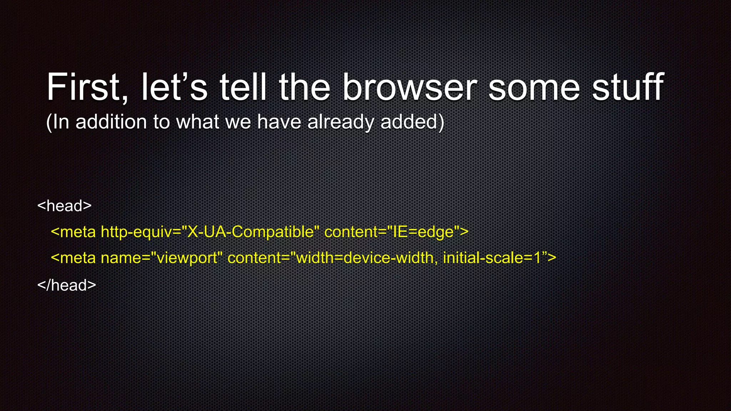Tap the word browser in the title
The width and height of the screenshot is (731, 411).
tap(409, 87)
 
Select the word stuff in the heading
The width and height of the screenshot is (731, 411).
tap(628, 87)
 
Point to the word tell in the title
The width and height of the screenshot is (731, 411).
tap(243, 87)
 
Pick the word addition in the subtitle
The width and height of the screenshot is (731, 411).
tap(111, 122)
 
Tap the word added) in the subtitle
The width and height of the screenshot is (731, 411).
tap(412, 122)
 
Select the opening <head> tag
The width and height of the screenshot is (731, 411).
tap(65, 206)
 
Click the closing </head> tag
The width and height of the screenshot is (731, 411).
tap(67, 285)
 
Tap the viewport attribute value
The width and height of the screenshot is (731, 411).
tap(187, 258)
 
